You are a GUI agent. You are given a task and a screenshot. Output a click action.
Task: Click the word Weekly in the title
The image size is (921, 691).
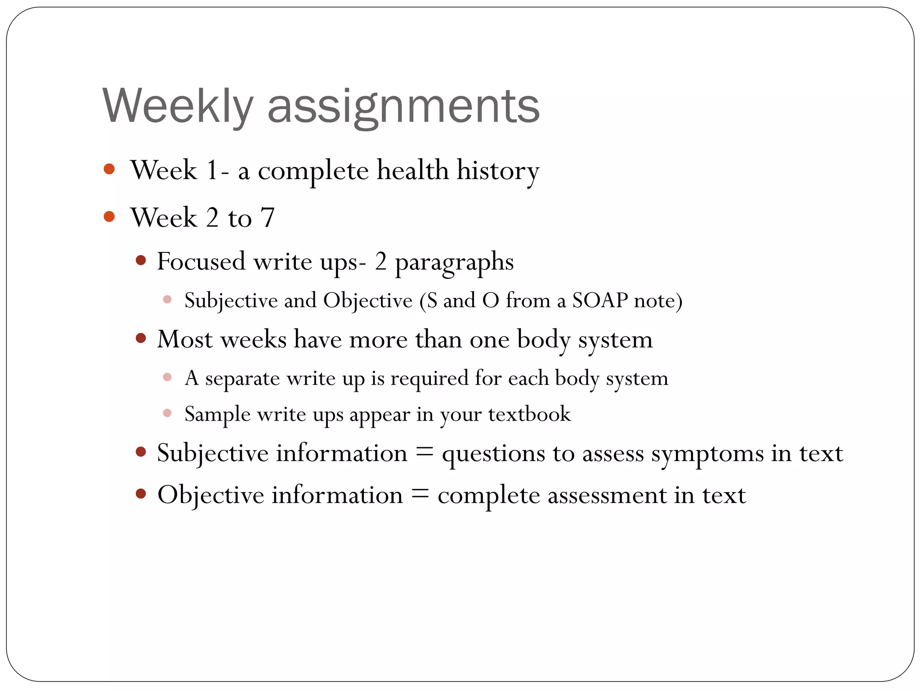coord(178,106)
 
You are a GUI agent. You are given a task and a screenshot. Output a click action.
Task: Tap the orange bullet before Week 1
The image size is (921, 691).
coord(109,169)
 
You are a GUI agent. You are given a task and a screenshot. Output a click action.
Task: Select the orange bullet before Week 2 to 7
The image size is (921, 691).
coord(109,217)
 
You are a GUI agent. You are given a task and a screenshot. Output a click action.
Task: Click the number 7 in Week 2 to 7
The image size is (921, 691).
coord(267,218)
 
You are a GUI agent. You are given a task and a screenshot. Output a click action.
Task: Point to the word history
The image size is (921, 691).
coord(497,171)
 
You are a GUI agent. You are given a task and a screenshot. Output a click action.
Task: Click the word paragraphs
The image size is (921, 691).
coord(454,263)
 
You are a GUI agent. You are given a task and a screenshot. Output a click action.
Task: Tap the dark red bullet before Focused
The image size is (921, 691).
coord(141,260)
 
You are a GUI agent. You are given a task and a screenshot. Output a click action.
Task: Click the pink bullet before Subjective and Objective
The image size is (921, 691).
coord(167,299)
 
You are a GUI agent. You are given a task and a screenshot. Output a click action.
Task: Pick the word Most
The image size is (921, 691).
coord(184,339)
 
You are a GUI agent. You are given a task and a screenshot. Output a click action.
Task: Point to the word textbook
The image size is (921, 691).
coord(529,414)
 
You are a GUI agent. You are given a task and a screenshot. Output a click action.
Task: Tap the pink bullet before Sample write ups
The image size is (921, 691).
coord(167,413)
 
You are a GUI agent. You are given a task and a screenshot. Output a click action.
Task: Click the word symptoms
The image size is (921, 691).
coord(707,454)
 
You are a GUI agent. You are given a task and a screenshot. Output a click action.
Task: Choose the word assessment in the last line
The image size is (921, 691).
coord(607,496)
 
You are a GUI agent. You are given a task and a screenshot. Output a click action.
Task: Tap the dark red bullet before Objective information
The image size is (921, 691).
coord(141,494)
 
